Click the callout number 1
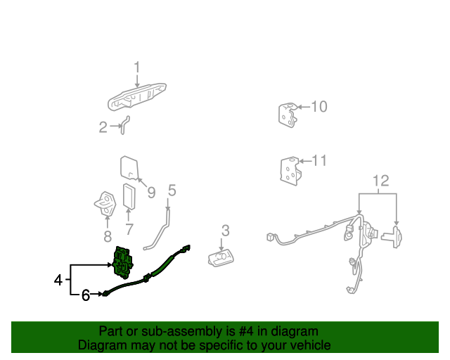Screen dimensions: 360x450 click(x=137, y=67)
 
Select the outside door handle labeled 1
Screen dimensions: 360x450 click(x=137, y=95)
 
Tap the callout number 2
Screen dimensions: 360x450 click(x=103, y=127)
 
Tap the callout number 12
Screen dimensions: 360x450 click(x=380, y=181)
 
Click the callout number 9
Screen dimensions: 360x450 click(x=150, y=192)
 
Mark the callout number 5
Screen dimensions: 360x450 click(x=172, y=190)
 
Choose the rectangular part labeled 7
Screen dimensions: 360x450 click(x=129, y=196)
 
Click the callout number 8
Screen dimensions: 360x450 click(x=107, y=236)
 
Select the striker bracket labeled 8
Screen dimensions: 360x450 click(x=106, y=204)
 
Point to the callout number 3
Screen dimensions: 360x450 click(x=225, y=230)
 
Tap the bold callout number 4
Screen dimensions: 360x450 click(x=58, y=281)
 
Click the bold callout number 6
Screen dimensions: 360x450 click(x=86, y=295)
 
